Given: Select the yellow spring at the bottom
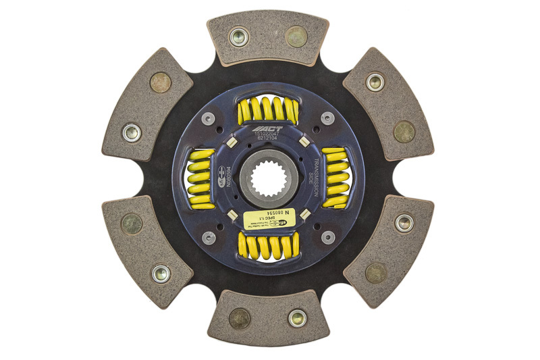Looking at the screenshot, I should pos(268,247).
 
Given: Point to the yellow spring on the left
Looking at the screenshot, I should pos(198,179).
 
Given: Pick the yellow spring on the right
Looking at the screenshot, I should pos(335,178).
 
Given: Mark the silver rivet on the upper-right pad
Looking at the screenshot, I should pos(375,82).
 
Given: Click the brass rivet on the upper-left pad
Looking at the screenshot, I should pos(161,82).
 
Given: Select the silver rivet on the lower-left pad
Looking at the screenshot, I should pos(161,274).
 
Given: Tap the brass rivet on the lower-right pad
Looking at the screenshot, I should pos(376,273).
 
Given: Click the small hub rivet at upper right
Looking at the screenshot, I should pos(327,118).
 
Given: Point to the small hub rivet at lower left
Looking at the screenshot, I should pos(209,238).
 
